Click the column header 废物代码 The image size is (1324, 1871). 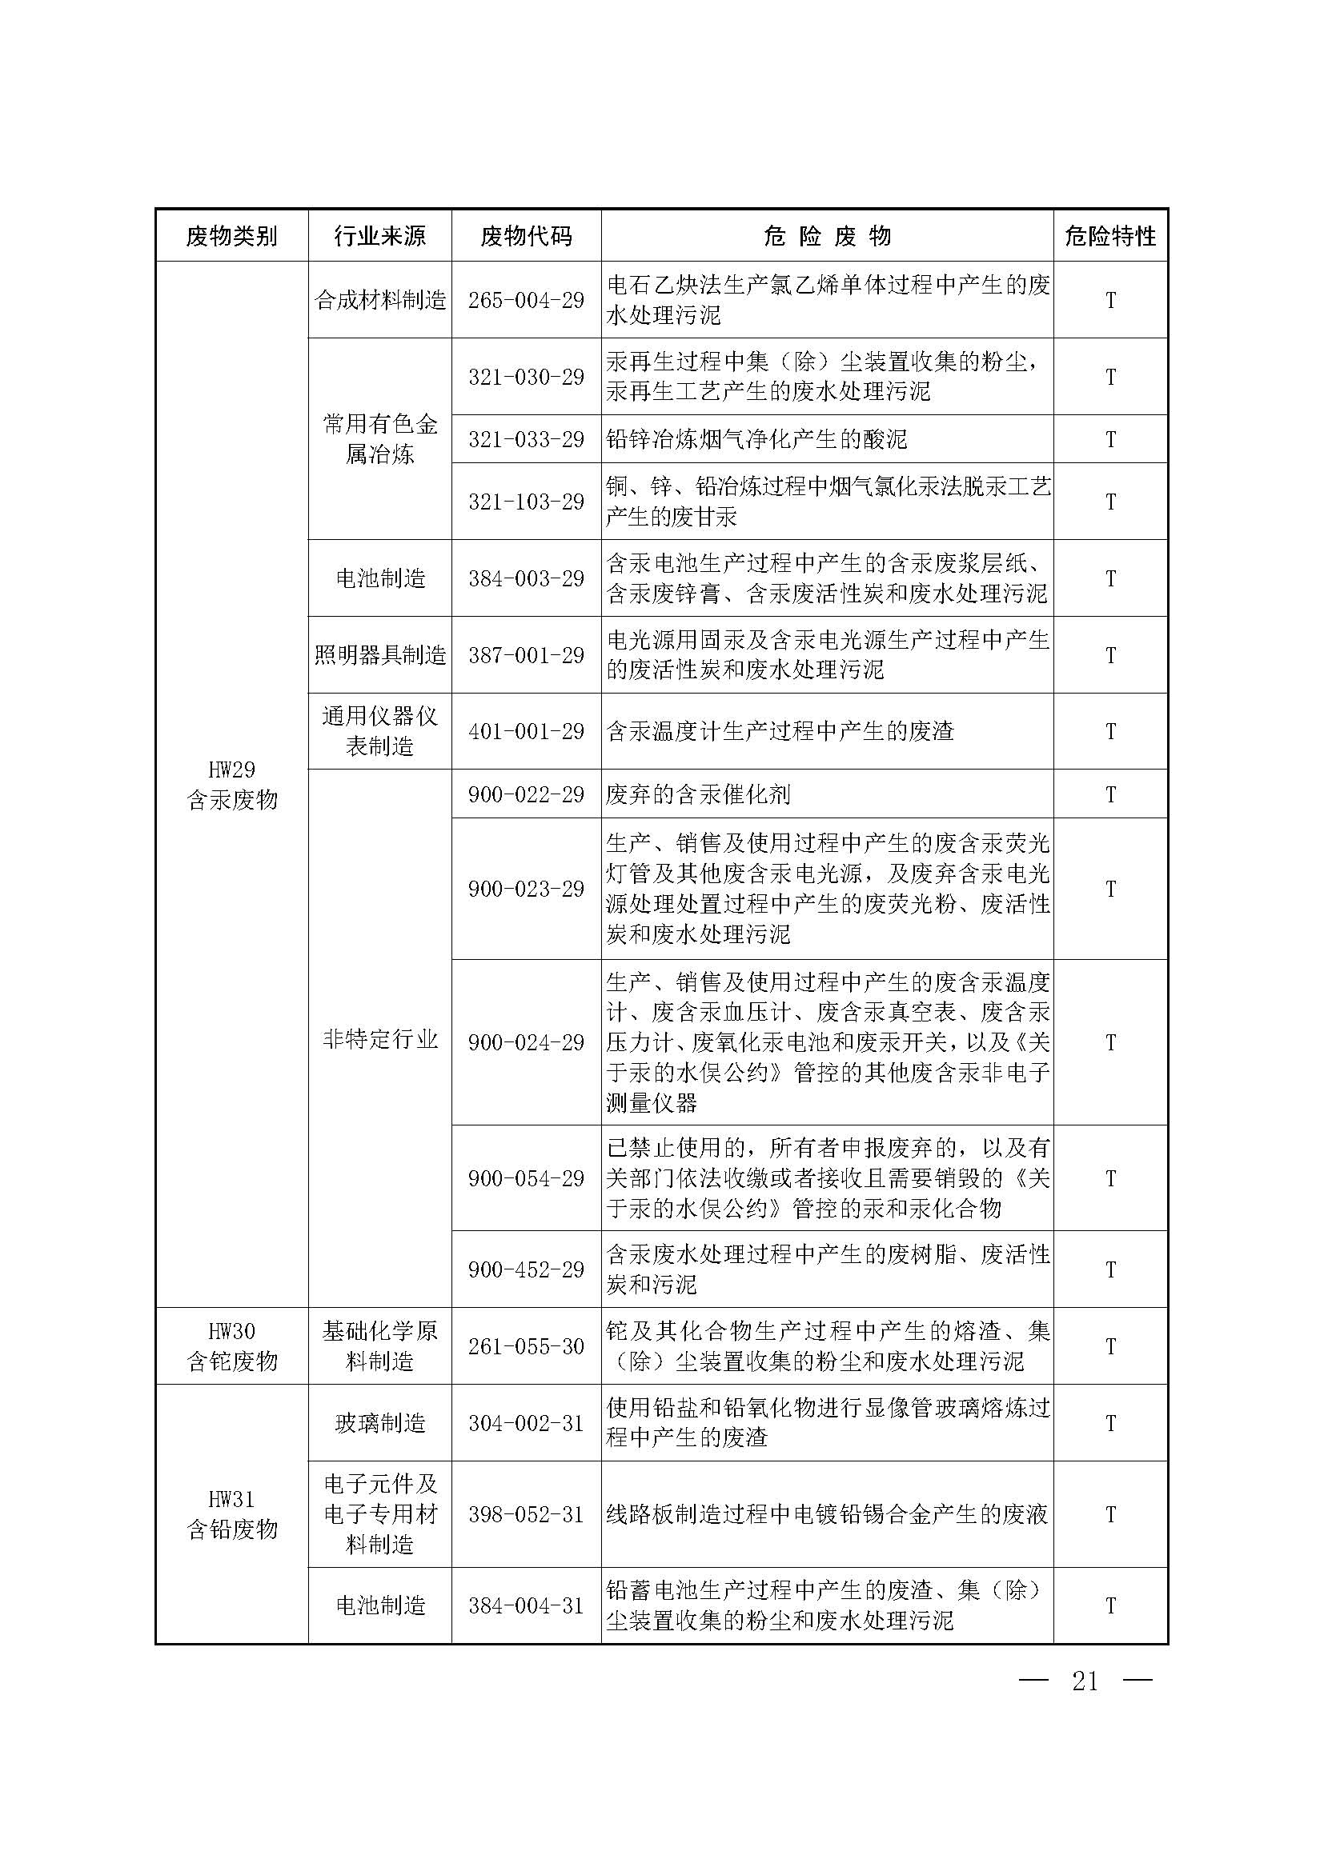tap(526, 236)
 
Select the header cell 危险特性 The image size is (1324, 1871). tap(1109, 236)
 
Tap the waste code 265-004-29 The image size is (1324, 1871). tap(526, 300)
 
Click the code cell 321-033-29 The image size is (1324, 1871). tap(526, 439)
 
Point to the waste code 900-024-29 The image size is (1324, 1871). tap(526, 1042)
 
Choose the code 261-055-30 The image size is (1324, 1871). tap(526, 1346)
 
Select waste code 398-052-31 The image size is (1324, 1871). tap(526, 1514)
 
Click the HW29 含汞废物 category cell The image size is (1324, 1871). tap(232, 785)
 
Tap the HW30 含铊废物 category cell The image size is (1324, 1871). tap(232, 1346)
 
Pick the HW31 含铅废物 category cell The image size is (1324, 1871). tap(232, 1514)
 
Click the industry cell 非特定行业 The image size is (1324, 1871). tap(380, 1039)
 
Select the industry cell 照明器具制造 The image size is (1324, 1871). tap(380, 655)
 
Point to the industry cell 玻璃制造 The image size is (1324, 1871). tap(380, 1423)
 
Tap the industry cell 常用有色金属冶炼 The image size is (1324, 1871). tap(380, 438)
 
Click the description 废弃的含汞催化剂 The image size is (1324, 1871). tap(698, 794)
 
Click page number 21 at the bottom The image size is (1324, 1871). tap(1085, 1681)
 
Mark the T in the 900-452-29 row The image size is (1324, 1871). tap(1109, 1269)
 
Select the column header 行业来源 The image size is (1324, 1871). tap(380, 236)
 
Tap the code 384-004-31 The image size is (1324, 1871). tap(526, 1605)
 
